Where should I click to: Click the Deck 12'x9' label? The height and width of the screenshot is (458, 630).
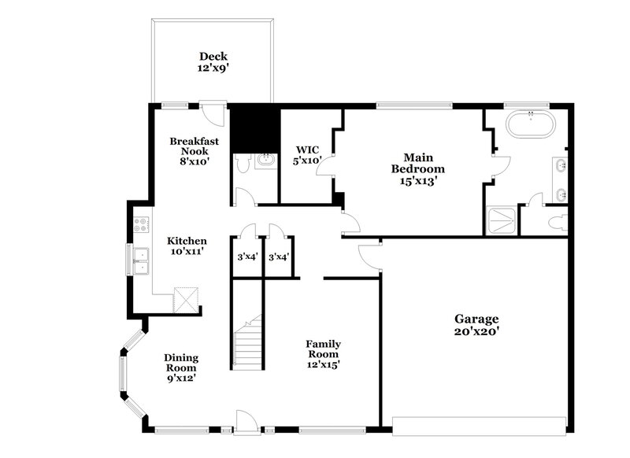coord(213,62)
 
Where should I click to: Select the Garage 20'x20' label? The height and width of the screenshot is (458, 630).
coord(476,325)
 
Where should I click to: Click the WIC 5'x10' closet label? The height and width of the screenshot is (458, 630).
coord(307,155)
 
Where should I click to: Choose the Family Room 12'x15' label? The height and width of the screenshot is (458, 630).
coord(323,354)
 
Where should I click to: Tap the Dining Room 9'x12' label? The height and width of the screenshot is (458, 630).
coord(180,368)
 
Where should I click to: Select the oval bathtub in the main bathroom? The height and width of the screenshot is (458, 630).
coord(529,124)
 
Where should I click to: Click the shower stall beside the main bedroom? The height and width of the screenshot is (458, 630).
coord(502,220)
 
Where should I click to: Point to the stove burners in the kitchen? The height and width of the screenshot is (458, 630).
coord(141,223)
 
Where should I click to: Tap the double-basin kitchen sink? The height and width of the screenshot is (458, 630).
coord(141,260)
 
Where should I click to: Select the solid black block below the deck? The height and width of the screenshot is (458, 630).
coord(255,127)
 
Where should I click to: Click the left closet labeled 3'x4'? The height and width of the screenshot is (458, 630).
coord(246,257)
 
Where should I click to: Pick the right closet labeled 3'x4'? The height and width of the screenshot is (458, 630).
coord(277,257)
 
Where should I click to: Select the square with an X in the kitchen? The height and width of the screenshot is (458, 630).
coord(187,300)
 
